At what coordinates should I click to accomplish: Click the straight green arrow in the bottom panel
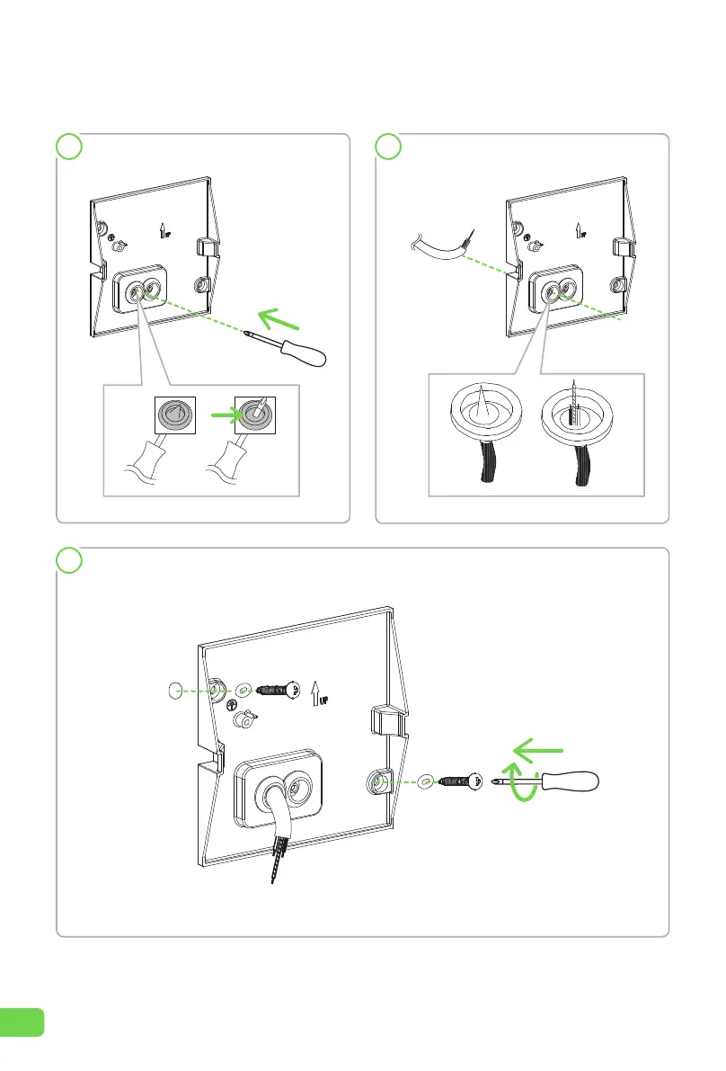pos(536,747)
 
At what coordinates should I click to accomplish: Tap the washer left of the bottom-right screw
pos(424,783)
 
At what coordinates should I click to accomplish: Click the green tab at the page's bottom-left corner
pos(22,1021)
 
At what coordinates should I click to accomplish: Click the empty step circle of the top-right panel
pos(387,147)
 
